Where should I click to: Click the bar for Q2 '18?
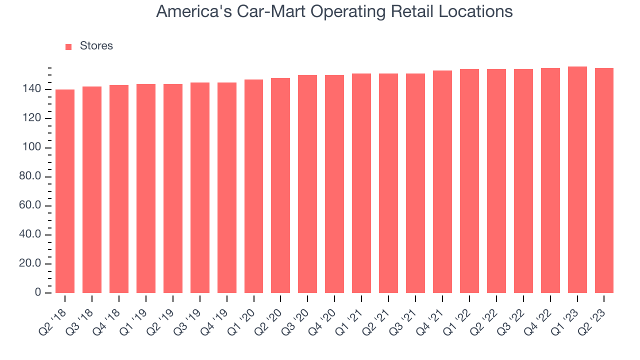pyautogui.click(x=65, y=191)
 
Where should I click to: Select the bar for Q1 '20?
pyautogui.click(x=254, y=186)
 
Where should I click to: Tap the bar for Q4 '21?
pyautogui.click(x=442, y=181)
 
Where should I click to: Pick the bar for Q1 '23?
pyautogui.click(x=577, y=179)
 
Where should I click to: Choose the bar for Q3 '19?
pyautogui.click(x=200, y=187)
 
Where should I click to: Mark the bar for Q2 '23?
pyautogui.click(x=604, y=180)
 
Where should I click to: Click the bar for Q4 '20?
pyautogui.click(x=334, y=183)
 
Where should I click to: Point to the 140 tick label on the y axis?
pyautogui.click(x=31, y=89)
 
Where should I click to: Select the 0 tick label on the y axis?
pyautogui.click(x=38, y=293)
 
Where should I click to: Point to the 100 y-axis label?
pyautogui.click(x=31, y=148)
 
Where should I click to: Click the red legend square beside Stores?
pyautogui.click(x=69, y=46)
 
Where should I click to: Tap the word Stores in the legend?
pyautogui.click(x=96, y=46)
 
